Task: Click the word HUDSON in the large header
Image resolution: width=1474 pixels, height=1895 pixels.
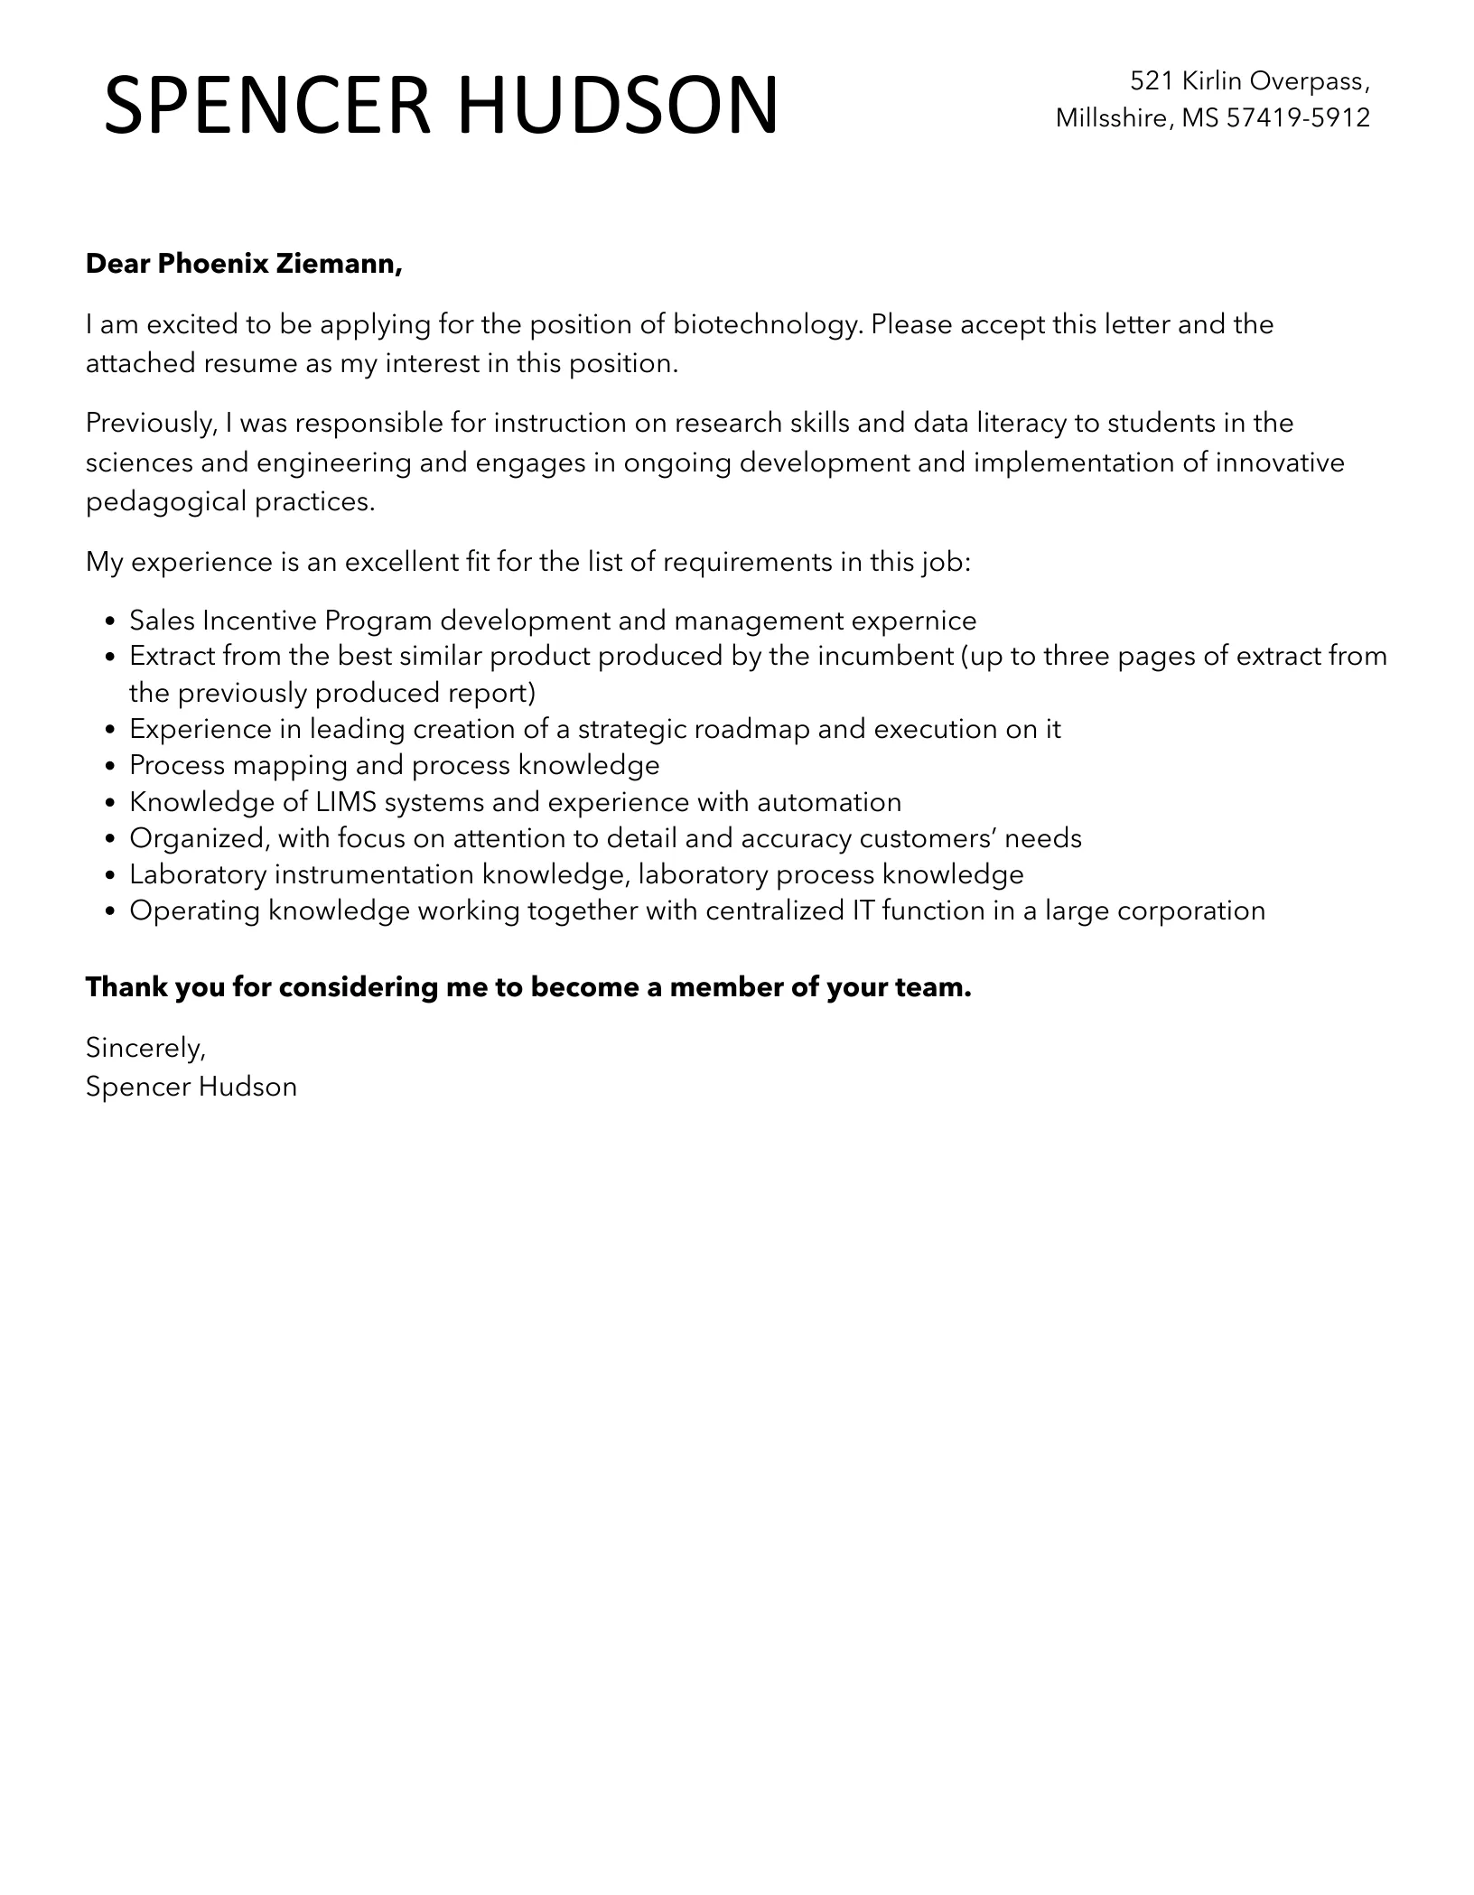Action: (x=618, y=105)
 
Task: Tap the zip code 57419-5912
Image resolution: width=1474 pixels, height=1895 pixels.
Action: (x=1298, y=118)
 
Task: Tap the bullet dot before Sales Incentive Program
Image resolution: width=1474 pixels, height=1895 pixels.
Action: (x=110, y=622)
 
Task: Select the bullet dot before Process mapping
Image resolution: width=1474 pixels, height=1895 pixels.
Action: (x=110, y=767)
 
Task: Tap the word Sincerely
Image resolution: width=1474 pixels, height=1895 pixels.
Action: (x=145, y=1048)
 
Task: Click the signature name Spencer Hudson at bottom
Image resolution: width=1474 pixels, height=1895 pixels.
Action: (x=191, y=1087)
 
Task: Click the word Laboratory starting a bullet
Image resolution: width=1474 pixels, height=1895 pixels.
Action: (x=198, y=874)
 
